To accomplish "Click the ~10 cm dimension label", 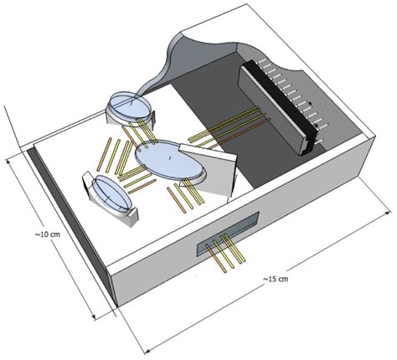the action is click(x=48, y=234).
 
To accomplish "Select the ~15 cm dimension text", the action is click(x=276, y=279).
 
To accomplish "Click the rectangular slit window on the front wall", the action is click(x=228, y=233).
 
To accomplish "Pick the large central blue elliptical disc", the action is click(x=169, y=160).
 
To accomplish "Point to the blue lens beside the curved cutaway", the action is click(x=130, y=105).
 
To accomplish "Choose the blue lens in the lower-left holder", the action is click(x=111, y=193).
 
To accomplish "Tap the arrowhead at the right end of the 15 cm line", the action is click(x=388, y=213).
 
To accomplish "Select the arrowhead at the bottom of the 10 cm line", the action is click(x=94, y=316).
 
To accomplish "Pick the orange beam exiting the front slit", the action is click(x=216, y=259).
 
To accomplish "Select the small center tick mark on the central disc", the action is click(x=170, y=159).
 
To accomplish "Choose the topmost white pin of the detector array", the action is click(x=261, y=61).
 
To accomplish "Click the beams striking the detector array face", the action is click(x=229, y=128).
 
